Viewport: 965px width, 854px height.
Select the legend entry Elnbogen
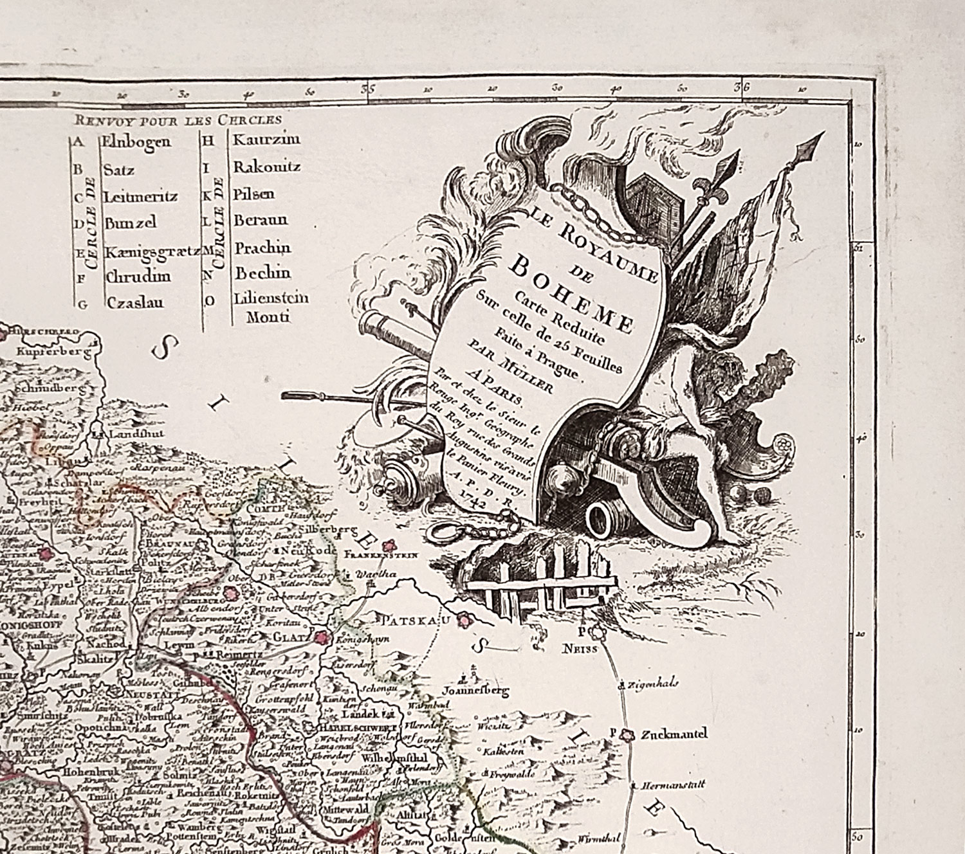136,142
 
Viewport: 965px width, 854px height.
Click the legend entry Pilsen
254,194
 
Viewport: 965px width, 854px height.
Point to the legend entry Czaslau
135,303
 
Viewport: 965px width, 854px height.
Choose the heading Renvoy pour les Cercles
178,120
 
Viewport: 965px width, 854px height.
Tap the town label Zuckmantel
674,733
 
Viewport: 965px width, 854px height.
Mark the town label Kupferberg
51,352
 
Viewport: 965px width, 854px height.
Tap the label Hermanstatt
678,785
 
